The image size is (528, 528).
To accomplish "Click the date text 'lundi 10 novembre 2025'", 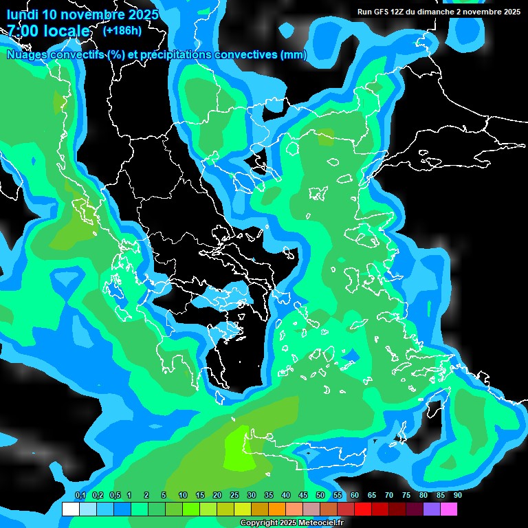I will [x=82, y=14].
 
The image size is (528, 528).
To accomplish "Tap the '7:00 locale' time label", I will [x=48, y=31].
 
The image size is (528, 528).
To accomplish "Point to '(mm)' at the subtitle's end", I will [x=294, y=55].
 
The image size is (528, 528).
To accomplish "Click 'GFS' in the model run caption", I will [x=380, y=12].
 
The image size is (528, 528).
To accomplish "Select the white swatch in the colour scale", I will [x=70, y=509].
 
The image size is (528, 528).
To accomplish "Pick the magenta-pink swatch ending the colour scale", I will [x=449, y=509].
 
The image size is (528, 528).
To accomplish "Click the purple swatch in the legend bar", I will [x=432, y=509].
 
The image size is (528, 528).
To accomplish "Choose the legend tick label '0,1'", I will [x=80, y=496].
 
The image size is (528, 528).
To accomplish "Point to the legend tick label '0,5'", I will [x=114, y=496].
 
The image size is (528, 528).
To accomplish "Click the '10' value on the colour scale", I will [x=183, y=496].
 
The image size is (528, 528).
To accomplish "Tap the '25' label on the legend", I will [x=234, y=496].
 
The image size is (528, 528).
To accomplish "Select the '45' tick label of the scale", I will [x=303, y=496].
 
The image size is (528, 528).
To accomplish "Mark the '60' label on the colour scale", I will [x=355, y=496].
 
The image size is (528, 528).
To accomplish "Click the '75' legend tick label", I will [x=406, y=496].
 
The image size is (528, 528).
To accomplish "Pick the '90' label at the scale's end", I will [x=458, y=496].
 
